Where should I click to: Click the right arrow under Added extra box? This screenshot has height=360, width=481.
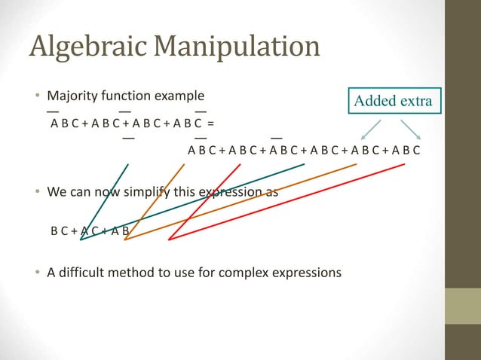coord(412,128)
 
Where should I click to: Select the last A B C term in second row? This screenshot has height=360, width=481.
coord(406,151)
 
